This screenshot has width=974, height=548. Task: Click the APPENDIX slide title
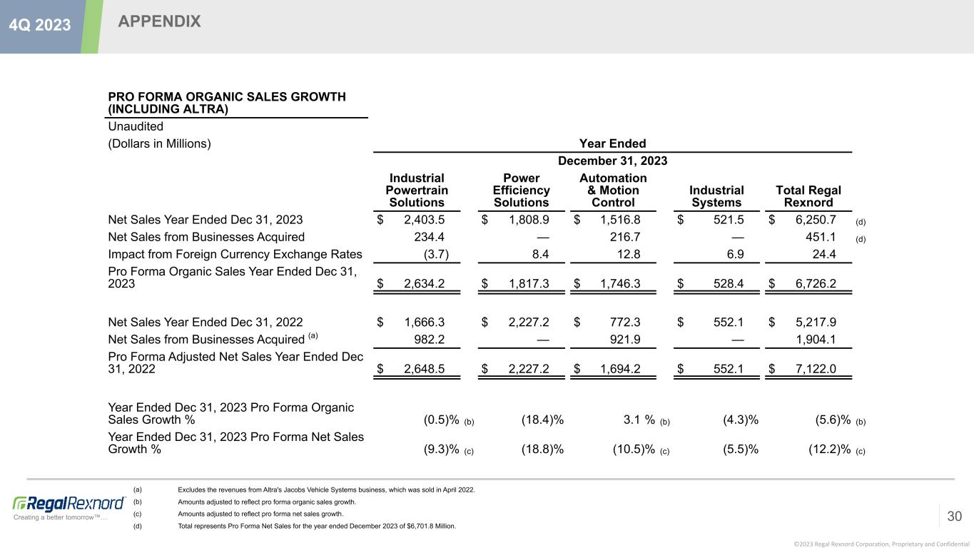point(159,22)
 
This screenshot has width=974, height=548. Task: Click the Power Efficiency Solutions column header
point(521,191)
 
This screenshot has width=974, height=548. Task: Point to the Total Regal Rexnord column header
point(808,196)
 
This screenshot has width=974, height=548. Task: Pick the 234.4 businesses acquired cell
point(430,237)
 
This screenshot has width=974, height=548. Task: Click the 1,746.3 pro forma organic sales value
point(616,285)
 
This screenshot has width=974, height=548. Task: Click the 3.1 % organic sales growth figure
point(638,420)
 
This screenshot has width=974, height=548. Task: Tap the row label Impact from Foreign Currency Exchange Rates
point(235,254)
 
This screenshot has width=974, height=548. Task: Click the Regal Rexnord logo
point(69,503)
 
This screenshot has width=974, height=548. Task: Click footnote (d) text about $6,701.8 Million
point(316,526)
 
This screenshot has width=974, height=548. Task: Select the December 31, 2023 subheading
point(612,161)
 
